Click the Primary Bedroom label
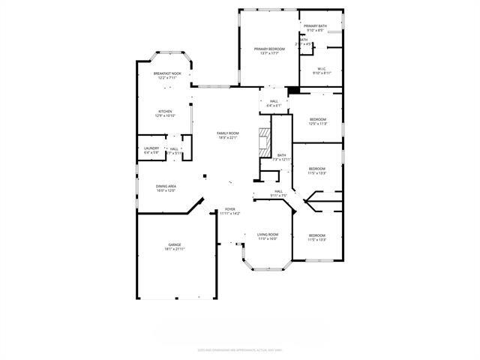(x=268, y=49)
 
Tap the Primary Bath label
(x=315, y=26)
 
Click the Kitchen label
(x=164, y=111)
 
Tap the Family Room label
(x=227, y=133)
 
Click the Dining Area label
(x=166, y=186)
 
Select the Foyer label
(x=230, y=209)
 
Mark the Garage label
(x=175, y=245)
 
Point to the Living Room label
(x=268, y=234)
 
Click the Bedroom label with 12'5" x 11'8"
(x=318, y=119)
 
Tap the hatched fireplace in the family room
(x=263, y=142)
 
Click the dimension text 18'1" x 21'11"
(x=175, y=250)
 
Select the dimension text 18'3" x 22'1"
(x=227, y=137)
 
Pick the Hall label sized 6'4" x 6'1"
(x=274, y=101)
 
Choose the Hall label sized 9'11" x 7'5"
(x=278, y=192)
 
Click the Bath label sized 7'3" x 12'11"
(x=281, y=155)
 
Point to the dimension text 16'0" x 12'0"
(x=166, y=190)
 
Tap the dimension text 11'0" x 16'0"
(x=268, y=238)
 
